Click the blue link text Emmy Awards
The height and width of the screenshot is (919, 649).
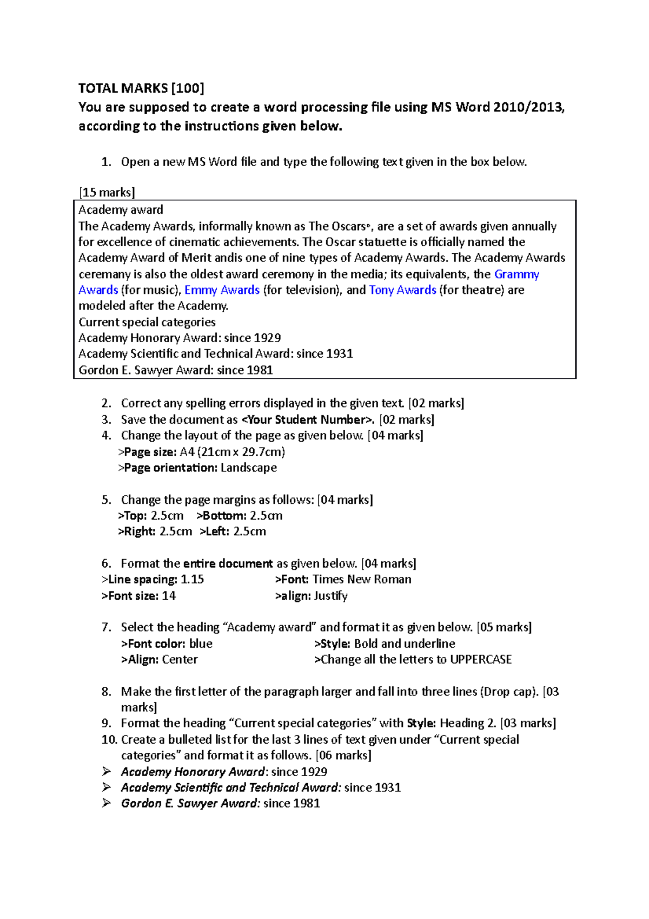coord(222,290)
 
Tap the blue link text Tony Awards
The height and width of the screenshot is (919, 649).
coord(402,290)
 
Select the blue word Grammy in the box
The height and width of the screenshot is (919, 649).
coord(516,274)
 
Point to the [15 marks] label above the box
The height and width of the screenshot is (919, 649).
coord(107,192)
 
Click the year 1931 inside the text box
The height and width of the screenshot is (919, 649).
coord(339,354)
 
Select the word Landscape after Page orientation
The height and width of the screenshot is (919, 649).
coord(248,468)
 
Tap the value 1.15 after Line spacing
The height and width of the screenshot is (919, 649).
coord(192,580)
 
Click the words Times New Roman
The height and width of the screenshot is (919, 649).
coord(361,580)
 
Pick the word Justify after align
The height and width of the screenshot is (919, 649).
coord(330,596)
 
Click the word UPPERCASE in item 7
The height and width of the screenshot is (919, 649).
coord(480,660)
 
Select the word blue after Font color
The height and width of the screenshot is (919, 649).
coord(201,644)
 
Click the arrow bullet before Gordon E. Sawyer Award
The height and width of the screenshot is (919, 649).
coord(107,803)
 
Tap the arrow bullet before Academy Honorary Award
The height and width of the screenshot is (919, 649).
coord(107,772)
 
